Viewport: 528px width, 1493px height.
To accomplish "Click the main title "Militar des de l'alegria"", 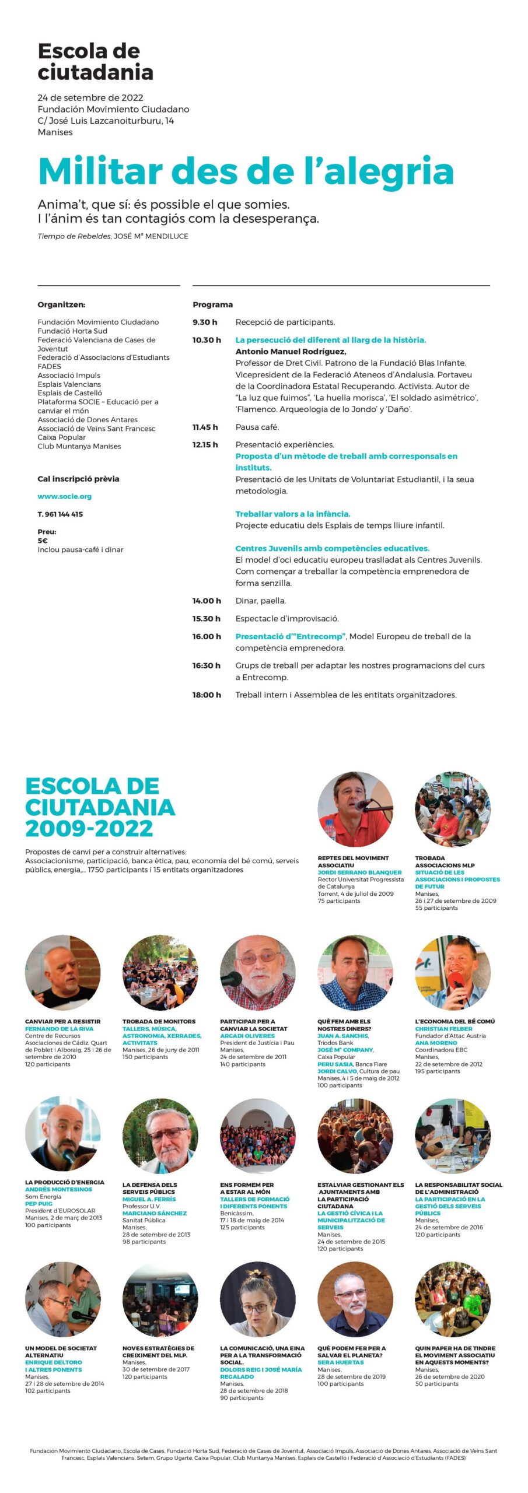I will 246,171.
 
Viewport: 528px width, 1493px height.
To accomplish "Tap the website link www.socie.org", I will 64,496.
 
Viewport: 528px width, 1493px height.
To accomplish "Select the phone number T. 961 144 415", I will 60,514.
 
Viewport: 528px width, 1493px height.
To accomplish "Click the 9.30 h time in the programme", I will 205,322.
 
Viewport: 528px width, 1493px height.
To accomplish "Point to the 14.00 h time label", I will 207,601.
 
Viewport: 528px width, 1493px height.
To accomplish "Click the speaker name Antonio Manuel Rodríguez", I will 291,351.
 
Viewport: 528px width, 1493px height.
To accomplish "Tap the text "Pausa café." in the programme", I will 257,427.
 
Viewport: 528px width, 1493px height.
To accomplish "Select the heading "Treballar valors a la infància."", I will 292,514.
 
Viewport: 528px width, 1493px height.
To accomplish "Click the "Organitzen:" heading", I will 61,304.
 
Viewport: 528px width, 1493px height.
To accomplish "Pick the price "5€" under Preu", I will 43,541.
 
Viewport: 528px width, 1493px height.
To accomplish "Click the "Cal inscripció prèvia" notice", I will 78,479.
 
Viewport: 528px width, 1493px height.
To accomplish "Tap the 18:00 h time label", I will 207,695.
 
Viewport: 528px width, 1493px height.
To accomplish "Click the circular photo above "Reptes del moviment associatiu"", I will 355,809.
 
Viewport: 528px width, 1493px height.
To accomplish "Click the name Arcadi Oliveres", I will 247,1036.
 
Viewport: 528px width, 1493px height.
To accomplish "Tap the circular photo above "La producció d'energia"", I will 63,1134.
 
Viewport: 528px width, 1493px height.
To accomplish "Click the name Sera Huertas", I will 340,1362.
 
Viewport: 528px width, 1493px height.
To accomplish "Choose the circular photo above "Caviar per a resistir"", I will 63,973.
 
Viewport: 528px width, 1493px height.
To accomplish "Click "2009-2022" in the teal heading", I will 89,828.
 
